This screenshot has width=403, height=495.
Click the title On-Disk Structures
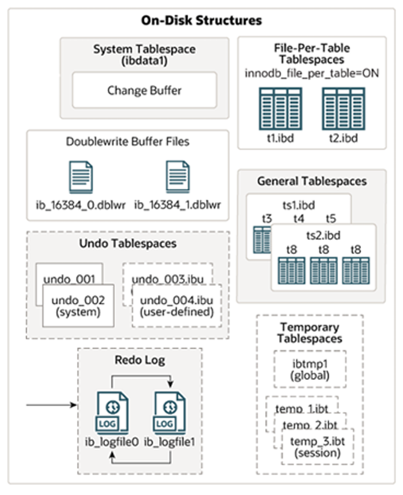201,21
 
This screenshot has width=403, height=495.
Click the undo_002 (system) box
75,307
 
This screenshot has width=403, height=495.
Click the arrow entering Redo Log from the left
52,405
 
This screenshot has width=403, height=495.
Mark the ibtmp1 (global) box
309,371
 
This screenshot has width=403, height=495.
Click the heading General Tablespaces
312,182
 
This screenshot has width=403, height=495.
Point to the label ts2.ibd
323,235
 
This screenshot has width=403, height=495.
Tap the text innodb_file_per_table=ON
312,73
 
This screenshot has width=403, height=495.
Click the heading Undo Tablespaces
127,244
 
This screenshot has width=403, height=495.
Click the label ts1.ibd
298,205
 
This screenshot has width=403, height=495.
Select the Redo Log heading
139,361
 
